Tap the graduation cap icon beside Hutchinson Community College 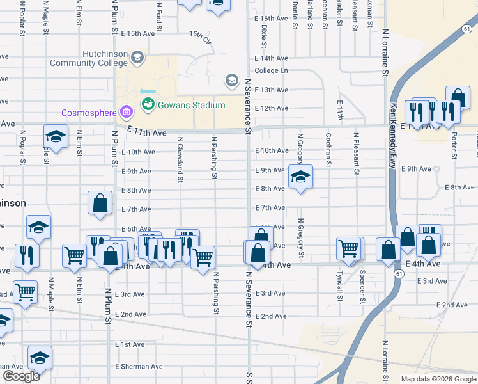point(137,59)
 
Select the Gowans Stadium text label point(192,105)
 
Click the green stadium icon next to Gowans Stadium point(148,104)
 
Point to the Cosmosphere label point(89,113)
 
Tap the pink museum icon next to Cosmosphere point(126,113)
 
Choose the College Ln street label point(271,70)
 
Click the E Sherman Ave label point(139,367)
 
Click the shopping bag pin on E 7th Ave point(100,203)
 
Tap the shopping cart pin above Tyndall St point(348,247)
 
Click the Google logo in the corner point(21,376)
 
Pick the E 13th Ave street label point(271,90)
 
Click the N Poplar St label point(22,147)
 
